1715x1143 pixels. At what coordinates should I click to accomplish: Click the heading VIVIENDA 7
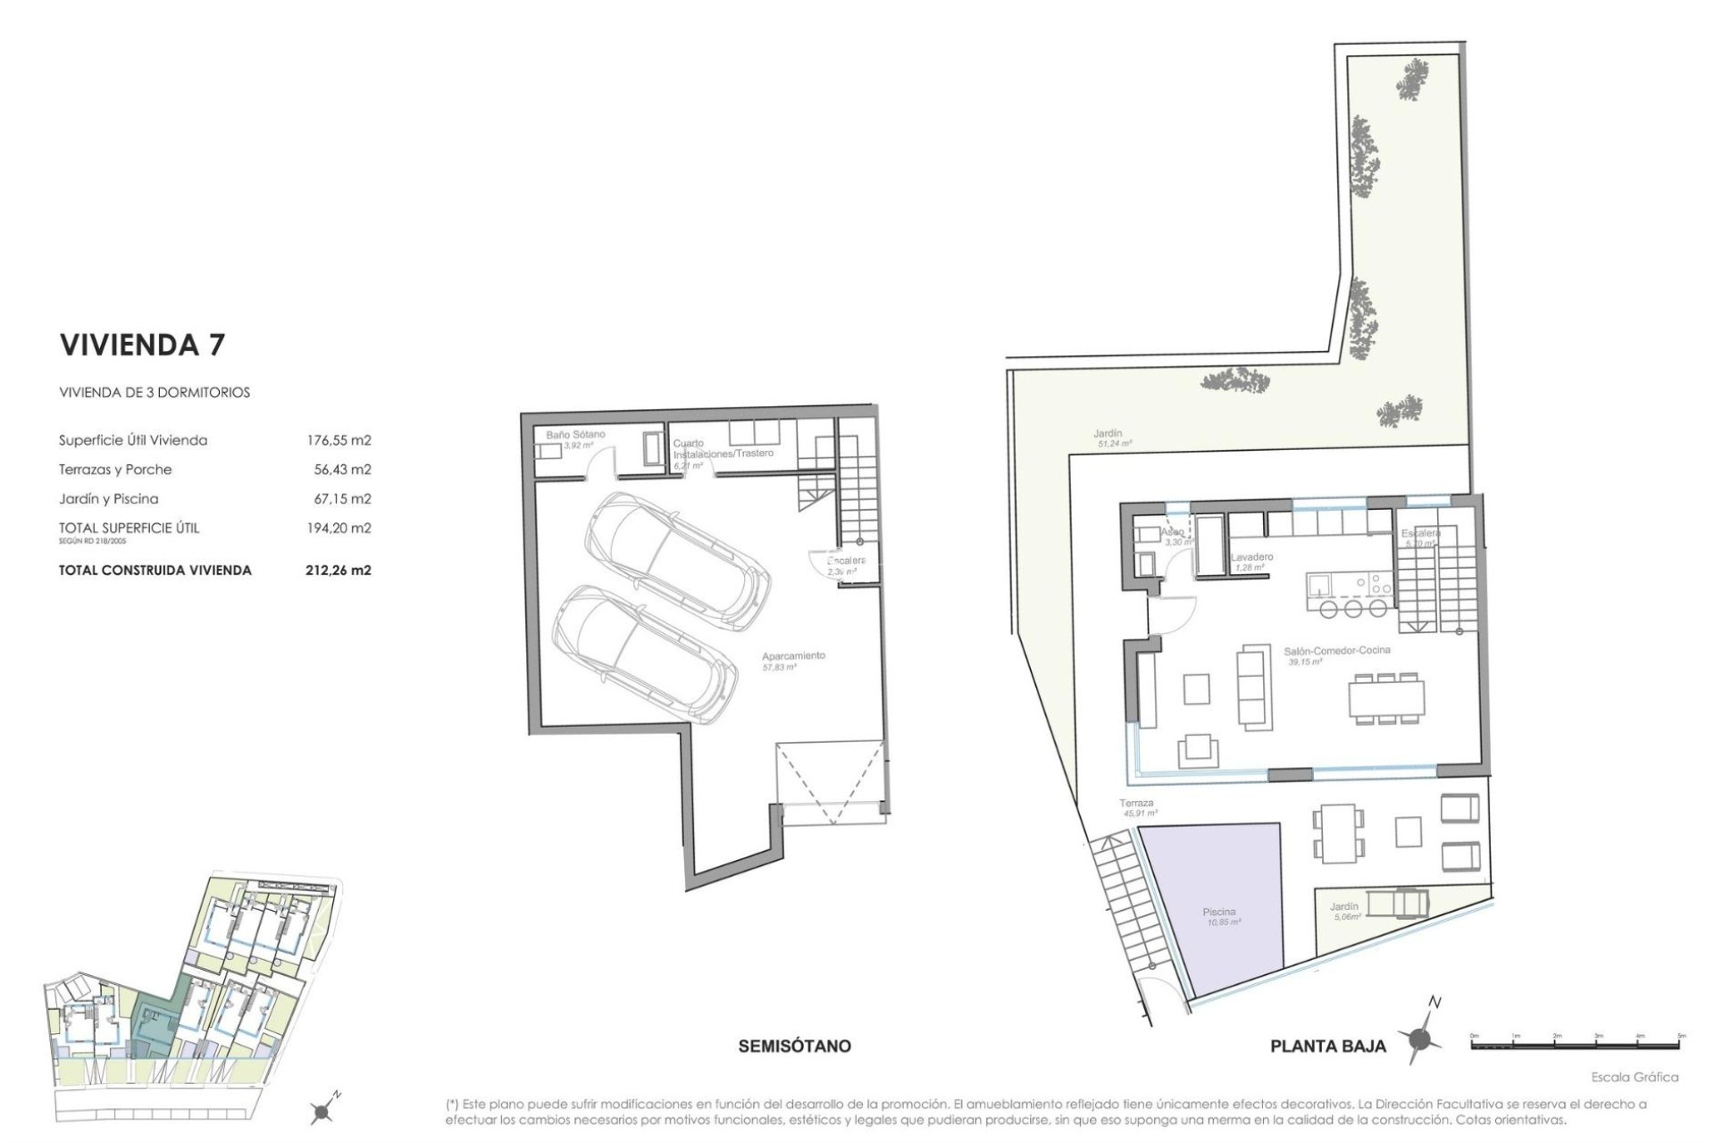[x=142, y=345]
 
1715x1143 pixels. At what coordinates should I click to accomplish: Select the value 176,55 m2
[x=338, y=440]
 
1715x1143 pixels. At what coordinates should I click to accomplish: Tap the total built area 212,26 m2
[x=338, y=570]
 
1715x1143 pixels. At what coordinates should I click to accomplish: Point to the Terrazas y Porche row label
[x=115, y=470]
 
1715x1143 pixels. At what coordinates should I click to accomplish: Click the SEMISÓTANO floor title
[x=794, y=1046]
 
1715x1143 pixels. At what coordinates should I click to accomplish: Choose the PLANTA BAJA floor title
[x=1327, y=1047]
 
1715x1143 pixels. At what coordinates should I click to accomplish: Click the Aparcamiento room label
[x=793, y=656]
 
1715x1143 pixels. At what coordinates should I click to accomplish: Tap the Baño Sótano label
[x=575, y=435]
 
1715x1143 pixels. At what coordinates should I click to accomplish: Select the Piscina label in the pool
[x=1219, y=912]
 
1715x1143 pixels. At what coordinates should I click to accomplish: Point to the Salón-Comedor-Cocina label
[x=1337, y=651]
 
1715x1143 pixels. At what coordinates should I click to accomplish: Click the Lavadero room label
[x=1252, y=557]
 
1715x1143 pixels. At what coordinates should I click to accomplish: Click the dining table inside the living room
[x=1386, y=697]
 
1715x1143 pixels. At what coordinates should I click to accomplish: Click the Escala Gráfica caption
[x=1634, y=1077]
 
